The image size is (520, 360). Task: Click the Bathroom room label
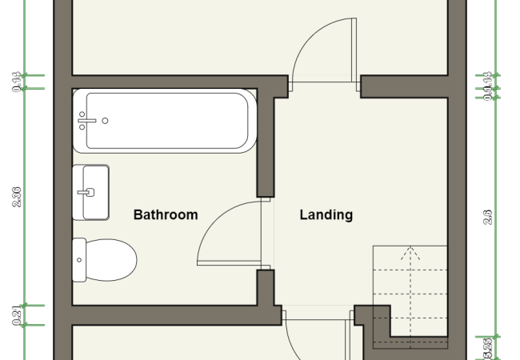(165, 215)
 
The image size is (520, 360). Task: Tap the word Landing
(326, 215)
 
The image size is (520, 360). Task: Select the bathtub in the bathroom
(165, 121)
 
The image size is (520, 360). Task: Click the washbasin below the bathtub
(90, 192)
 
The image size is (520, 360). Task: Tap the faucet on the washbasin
(89, 192)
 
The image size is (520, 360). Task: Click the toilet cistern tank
(78, 260)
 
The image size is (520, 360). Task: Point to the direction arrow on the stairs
(411, 254)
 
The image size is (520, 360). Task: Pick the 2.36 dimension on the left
(17, 196)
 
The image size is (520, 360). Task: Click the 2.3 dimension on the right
(488, 216)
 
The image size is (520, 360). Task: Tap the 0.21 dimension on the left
(17, 315)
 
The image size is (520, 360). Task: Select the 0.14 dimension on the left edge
(17, 82)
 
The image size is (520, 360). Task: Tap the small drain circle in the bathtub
(105, 121)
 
